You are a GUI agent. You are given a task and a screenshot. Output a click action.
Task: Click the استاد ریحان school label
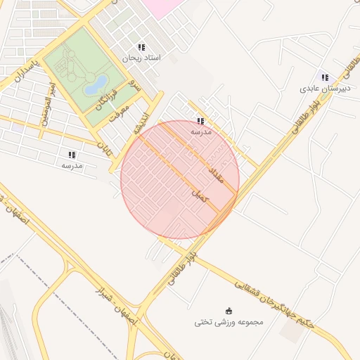point(142,58)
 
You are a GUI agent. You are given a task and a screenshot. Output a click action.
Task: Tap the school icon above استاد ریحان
point(142,46)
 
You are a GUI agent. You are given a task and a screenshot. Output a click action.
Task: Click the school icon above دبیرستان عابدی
point(324,77)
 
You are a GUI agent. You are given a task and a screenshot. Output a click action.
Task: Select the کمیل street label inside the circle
point(201,196)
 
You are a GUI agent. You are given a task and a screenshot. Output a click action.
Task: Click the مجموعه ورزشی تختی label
point(229,322)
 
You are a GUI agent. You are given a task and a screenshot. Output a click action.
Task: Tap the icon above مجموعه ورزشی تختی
point(229,311)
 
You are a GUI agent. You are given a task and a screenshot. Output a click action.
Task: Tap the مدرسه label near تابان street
point(72,165)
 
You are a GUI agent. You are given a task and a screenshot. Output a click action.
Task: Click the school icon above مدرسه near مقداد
point(201,121)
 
